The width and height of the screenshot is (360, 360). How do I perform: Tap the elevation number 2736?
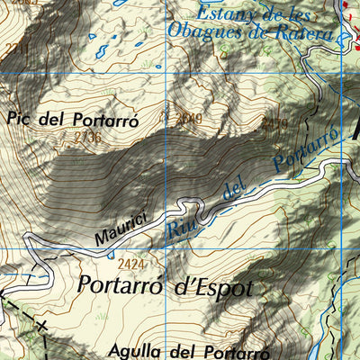87,137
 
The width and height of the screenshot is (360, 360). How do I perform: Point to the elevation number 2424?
130,264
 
